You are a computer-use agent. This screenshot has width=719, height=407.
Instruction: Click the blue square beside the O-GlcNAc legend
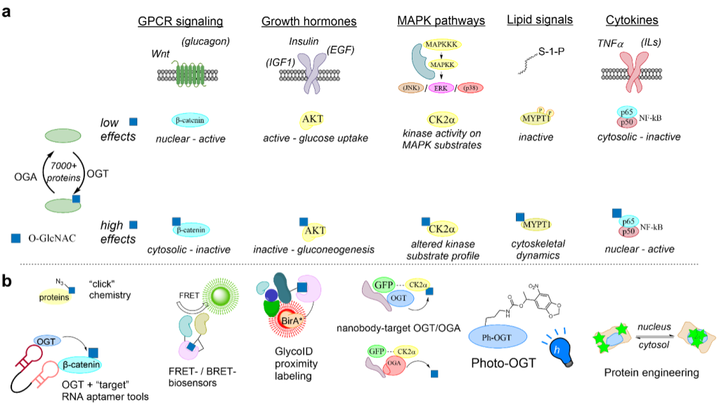15,238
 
